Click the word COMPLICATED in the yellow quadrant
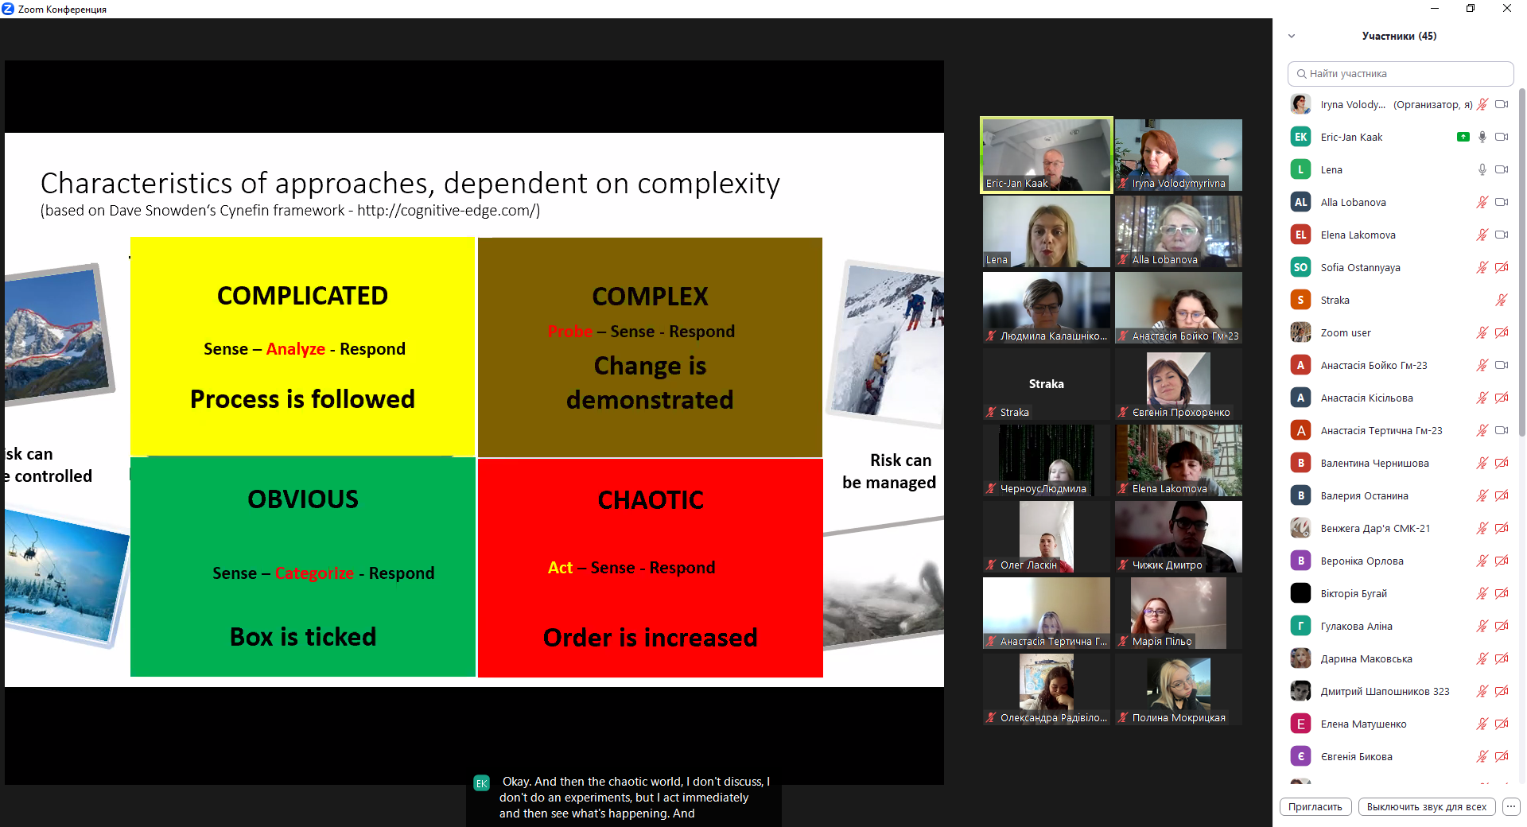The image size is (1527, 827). (302, 296)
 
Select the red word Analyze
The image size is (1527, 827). (295, 349)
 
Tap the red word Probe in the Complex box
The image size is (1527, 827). (569, 332)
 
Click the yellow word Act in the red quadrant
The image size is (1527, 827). (560, 568)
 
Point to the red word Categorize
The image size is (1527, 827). (314, 573)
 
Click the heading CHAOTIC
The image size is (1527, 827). (651, 500)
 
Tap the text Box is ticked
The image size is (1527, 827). (302, 637)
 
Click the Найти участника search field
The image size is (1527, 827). (1400, 74)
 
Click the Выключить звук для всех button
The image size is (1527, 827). (1426, 806)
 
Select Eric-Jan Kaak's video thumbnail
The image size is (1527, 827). (1046, 155)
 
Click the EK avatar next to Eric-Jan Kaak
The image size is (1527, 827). (1300, 137)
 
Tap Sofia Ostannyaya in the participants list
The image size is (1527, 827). (1360, 268)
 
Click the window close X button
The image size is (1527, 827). (1506, 9)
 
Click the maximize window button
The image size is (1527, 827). (1471, 9)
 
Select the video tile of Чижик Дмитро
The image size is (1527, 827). (1178, 536)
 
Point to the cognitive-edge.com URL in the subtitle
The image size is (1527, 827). (447, 211)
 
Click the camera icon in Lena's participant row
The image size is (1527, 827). (1502, 169)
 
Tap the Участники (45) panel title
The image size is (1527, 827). (1399, 36)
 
